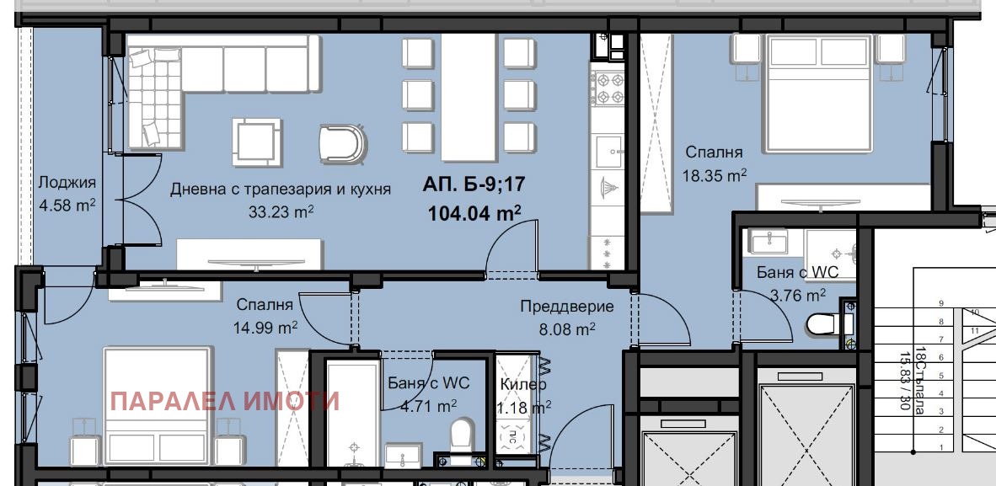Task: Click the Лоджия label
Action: tap(67, 183)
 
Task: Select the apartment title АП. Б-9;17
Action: tap(474, 184)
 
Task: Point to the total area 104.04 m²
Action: tap(474, 213)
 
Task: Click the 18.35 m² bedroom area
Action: tap(714, 174)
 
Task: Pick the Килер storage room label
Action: tap(522, 384)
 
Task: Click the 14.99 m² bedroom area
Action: tap(266, 327)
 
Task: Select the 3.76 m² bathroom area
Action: tap(798, 296)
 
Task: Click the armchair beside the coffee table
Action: tap(343, 144)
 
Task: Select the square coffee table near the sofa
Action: tap(257, 142)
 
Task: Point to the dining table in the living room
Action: tap(469, 98)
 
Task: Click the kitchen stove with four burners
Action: tap(608, 89)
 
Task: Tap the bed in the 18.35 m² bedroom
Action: tap(817, 93)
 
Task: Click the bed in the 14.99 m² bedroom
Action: tap(157, 406)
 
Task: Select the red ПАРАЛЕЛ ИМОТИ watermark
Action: tap(225, 402)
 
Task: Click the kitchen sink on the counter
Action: tap(608, 152)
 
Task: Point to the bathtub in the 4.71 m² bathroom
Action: tap(352, 413)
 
